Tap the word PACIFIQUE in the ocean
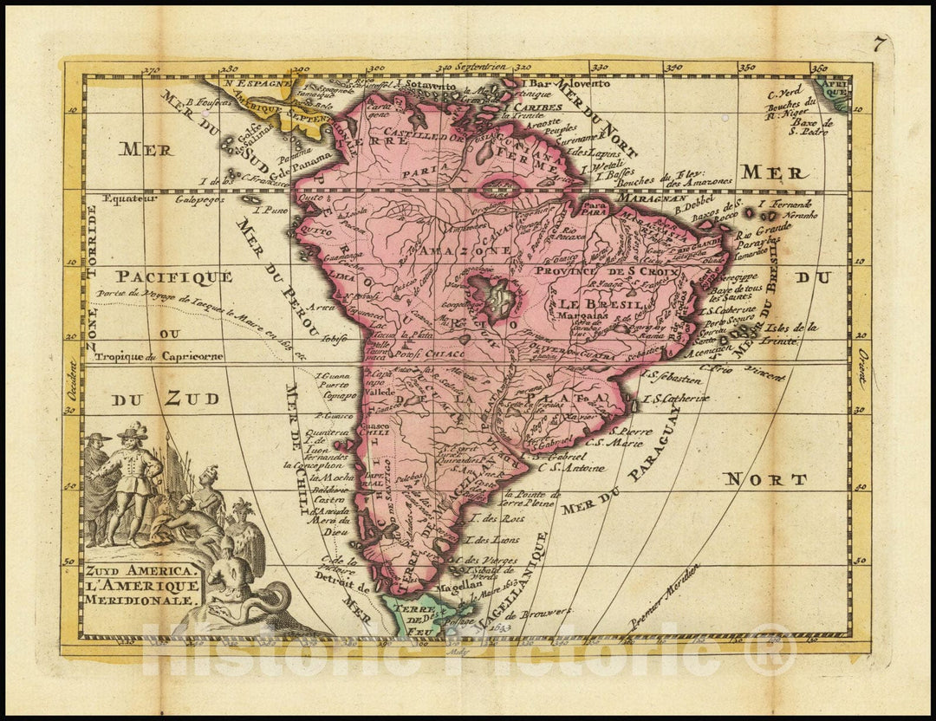(x=174, y=276)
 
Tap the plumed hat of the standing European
(x=133, y=431)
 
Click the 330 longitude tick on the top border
(x=599, y=66)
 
